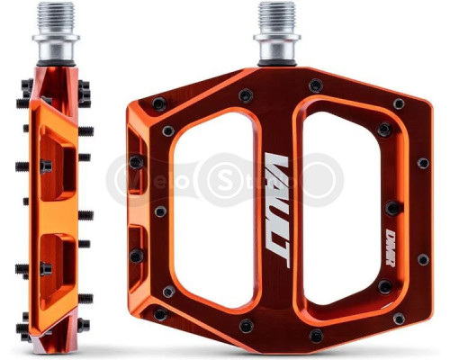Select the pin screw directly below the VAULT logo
point(245,326)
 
